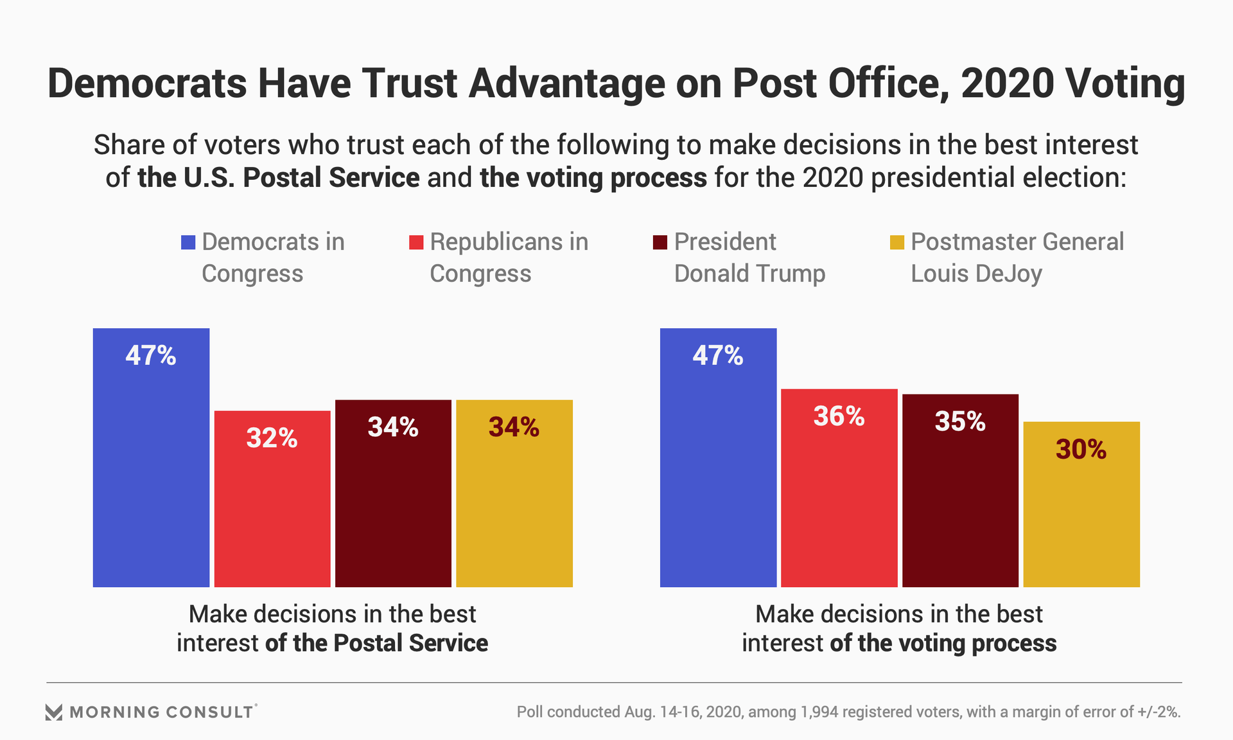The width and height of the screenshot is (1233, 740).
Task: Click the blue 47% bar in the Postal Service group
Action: (151, 457)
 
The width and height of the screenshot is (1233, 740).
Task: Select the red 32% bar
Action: (272, 498)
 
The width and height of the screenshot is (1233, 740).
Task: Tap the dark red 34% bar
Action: (393, 493)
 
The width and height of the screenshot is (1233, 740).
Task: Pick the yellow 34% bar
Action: (514, 493)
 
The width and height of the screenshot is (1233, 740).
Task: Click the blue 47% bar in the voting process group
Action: (718, 457)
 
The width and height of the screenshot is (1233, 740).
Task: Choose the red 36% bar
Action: (839, 488)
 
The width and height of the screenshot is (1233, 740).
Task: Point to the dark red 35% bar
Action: (960, 490)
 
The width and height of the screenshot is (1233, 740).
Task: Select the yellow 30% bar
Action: (1081, 504)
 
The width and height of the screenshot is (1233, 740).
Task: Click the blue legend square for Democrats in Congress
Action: (188, 242)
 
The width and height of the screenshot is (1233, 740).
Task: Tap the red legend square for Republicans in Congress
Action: (416, 242)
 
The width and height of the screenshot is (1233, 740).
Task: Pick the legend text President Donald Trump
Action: (749, 258)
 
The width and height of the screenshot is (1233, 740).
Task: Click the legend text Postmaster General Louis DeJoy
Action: (1017, 258)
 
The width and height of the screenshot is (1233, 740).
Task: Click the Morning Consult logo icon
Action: (54, 712)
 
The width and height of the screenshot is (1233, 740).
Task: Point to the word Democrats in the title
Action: (147, 84)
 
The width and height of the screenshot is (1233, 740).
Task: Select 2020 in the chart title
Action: (1007, 84)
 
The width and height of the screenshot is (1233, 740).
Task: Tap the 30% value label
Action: (1081, 449)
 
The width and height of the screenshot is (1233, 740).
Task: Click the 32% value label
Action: (272, 438)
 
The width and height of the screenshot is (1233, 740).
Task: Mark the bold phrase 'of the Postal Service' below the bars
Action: (376, 643)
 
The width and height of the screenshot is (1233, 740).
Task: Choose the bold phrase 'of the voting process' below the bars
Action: (943, 643)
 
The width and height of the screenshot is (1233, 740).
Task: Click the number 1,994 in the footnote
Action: (823, 712)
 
